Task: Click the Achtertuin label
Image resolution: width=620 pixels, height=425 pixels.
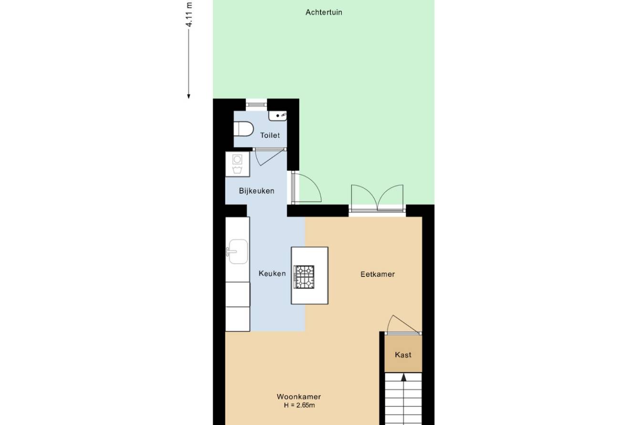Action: (323, 12)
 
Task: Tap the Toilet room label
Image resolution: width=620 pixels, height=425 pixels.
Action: (270, 135)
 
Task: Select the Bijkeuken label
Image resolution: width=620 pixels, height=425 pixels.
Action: (257, 191)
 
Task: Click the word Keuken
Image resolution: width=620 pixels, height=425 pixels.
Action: (272, 274)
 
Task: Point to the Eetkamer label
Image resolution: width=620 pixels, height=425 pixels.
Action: (378, 274)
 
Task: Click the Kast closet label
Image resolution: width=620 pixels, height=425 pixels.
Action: (403, 355)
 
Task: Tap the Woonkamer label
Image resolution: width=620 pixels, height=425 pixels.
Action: (299, 396)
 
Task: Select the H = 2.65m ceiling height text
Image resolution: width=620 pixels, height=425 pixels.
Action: (299, 405)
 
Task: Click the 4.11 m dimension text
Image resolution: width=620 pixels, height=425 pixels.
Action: (189, 14)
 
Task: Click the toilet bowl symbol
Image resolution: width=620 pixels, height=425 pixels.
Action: (244, 129)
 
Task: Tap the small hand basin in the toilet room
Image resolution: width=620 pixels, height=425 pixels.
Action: (278, 116)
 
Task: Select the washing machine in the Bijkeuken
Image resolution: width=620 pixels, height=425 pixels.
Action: (238, 164)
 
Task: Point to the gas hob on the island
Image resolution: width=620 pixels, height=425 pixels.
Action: (304, 277)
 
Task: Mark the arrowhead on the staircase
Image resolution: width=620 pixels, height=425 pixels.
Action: (403, 377)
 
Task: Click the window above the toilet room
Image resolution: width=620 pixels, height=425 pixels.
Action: (256, 105)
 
